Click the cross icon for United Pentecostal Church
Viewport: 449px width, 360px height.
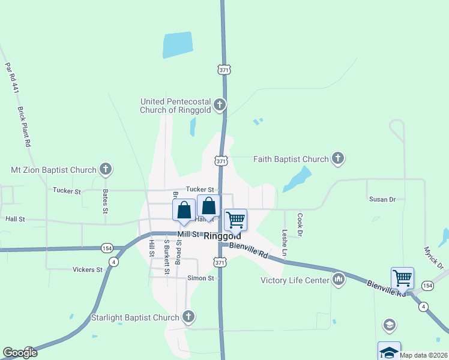coord(220,106)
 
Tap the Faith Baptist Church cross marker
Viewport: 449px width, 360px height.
coord(338,159)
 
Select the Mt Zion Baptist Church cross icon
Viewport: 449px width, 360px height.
coord(106,170)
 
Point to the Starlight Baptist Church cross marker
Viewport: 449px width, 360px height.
coord(188,317)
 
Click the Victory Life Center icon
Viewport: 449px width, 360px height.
coord(339,280)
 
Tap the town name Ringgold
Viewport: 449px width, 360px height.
coord(223,236)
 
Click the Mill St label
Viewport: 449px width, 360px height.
coord(188,234)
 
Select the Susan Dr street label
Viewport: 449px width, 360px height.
coord(382,199)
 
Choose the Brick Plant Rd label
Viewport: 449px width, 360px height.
coord(24,127)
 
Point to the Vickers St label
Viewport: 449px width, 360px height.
coord(87,270)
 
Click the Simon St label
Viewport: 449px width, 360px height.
coord(200,278)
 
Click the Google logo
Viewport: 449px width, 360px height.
coord(20,353)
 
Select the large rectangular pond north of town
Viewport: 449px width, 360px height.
coord(178,45)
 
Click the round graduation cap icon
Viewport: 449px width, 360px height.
coord(389,325)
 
